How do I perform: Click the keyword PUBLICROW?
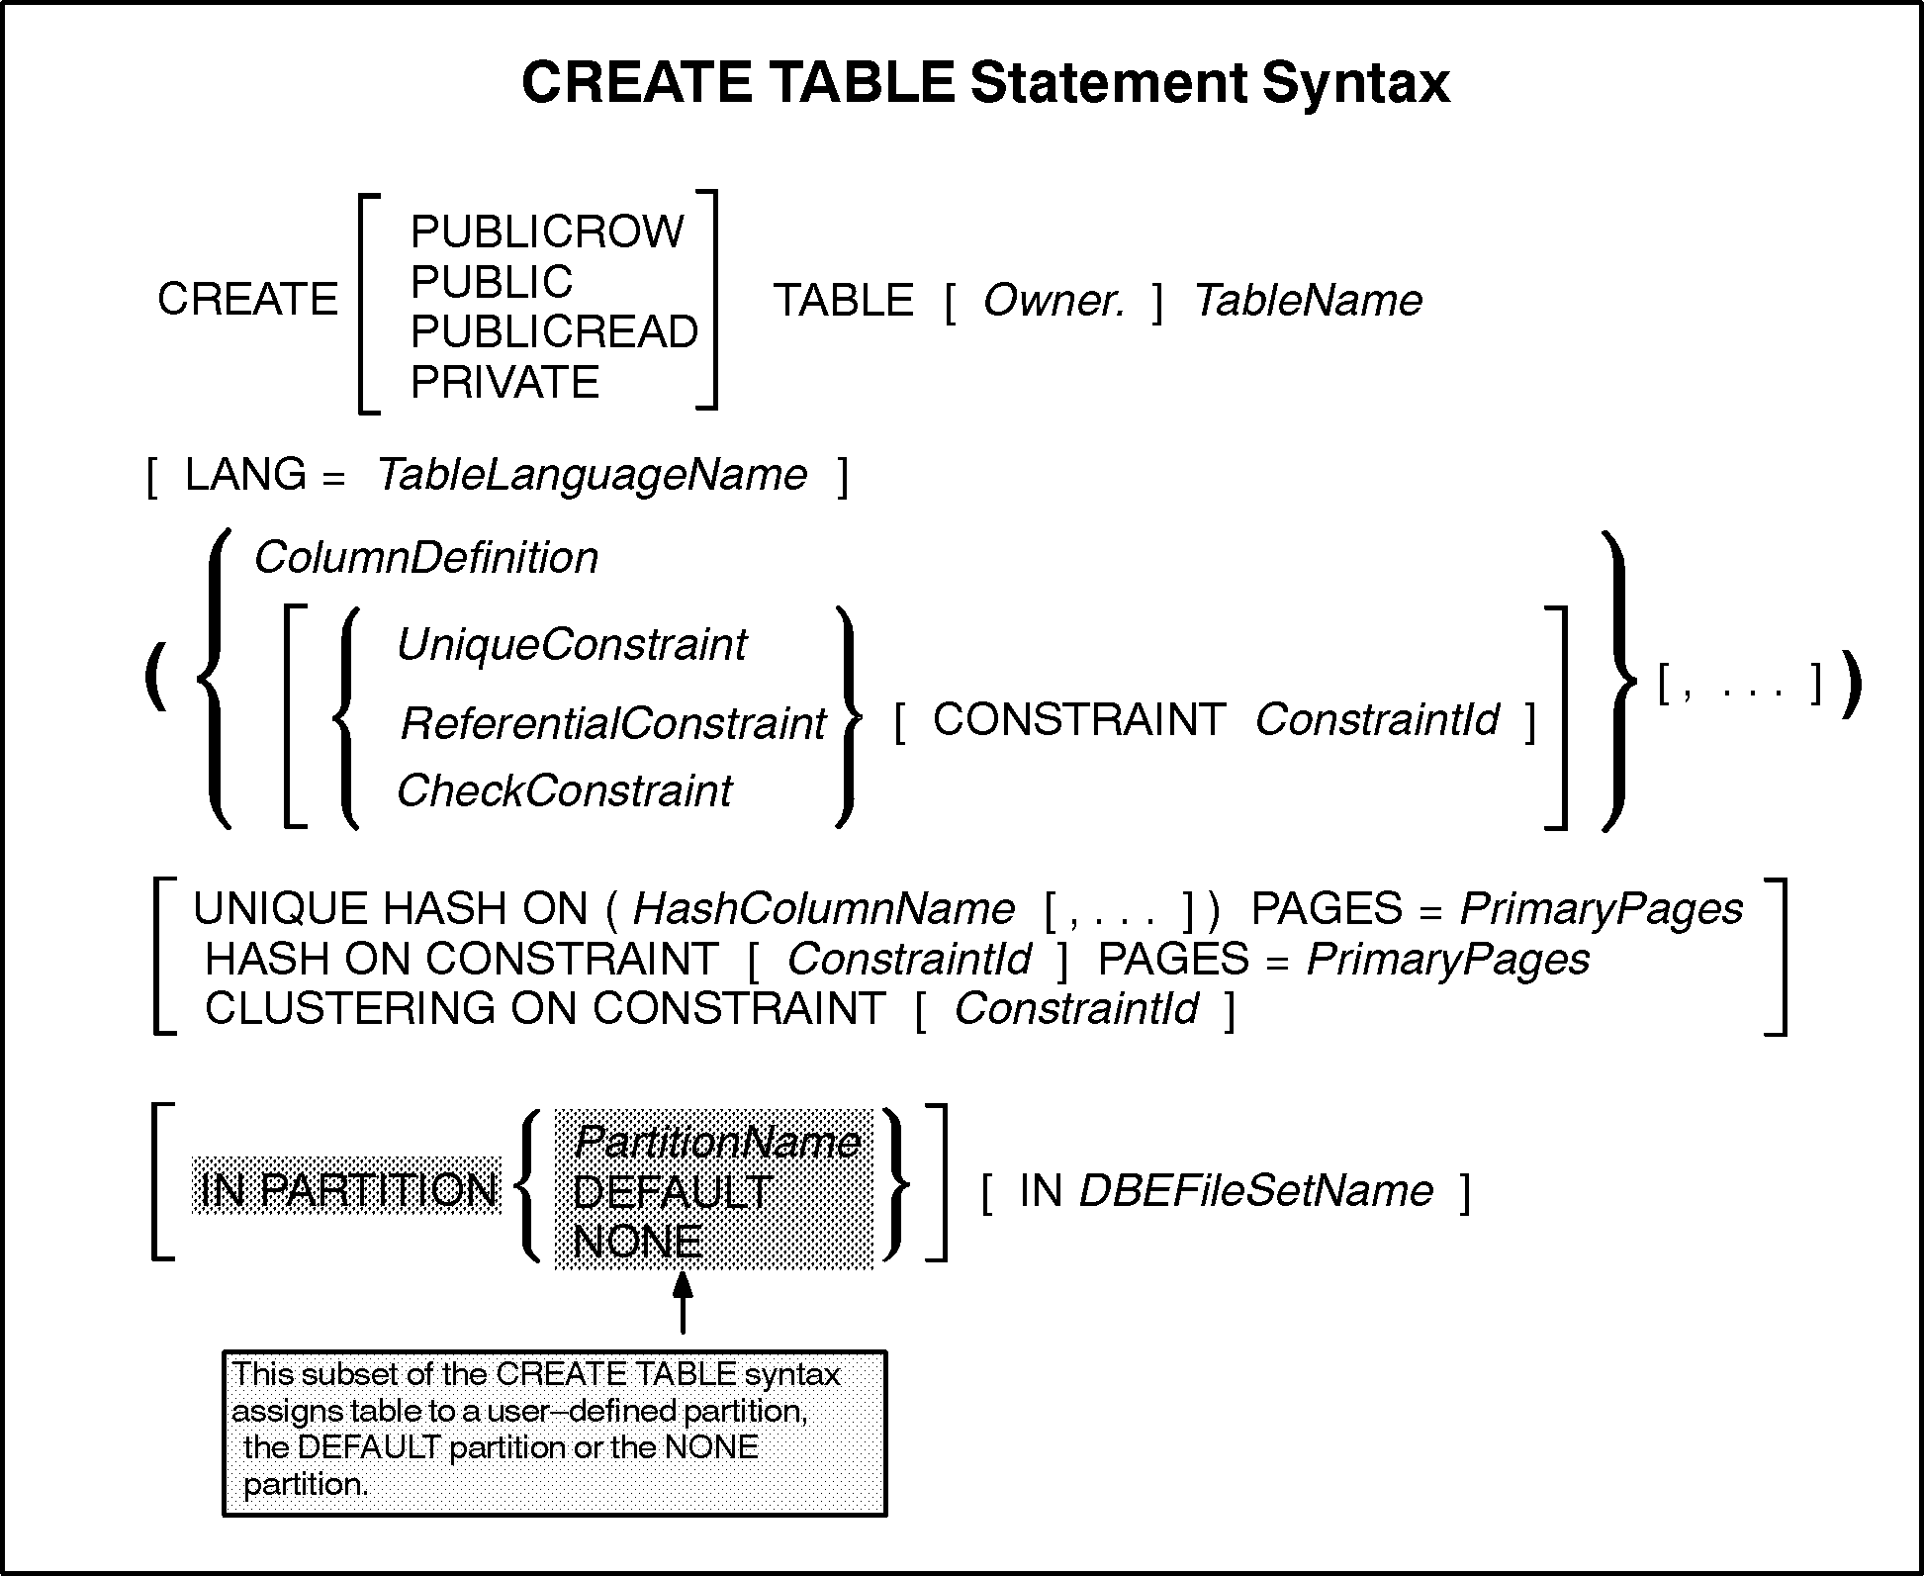pos(546,232)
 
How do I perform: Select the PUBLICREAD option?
pos(554,332)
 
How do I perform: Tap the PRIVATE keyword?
pos(504,383)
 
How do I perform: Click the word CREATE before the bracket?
pos(247,300)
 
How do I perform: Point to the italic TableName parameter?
pos(1308,301)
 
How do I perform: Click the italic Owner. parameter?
pos(1054,301)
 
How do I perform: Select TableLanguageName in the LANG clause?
pos(592,476)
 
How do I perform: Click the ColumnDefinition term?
pos(426,559)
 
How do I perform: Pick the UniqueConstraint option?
pos(571,646)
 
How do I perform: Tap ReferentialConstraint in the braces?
pos(612,724)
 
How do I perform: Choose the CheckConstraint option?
pos(564,791)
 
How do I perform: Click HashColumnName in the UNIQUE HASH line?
pos(823,909)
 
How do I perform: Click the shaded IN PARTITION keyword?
pos(347,1190)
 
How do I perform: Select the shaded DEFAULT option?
pos(673,1192)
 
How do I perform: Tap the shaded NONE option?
pos(638,1243)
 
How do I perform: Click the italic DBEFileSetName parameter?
pos(1255,1191)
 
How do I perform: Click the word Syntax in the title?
pos(1355,83)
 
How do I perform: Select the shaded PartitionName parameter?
pos(716,1143)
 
